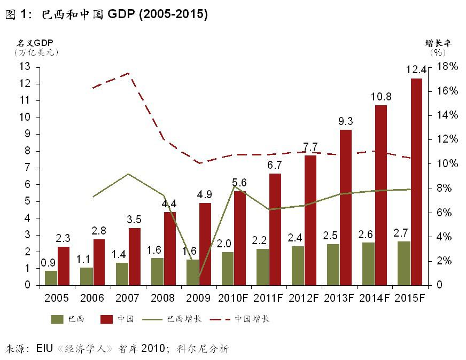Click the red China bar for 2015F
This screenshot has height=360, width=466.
tap(416, 182)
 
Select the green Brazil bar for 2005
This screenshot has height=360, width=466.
tap(51, 278)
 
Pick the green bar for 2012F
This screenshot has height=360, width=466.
tap(298, 265)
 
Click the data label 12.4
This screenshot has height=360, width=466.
tap(416, 70)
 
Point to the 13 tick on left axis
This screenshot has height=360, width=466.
tap(25, 67)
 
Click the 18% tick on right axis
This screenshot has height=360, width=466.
tap(447, 67)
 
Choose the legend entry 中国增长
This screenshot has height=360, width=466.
tap(252, 319)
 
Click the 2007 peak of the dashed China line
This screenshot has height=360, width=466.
tap(129, 73)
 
